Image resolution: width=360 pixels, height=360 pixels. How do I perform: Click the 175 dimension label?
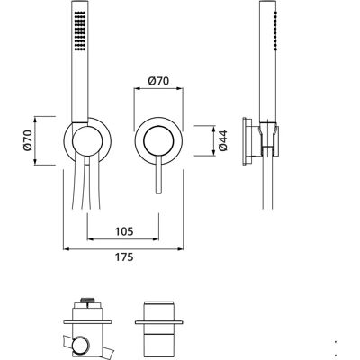[124, 257]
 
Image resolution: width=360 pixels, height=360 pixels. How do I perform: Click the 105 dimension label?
[124, 231]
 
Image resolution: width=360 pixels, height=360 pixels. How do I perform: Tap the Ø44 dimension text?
[223, 140]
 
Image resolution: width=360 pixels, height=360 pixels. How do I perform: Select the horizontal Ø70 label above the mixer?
[158, 81]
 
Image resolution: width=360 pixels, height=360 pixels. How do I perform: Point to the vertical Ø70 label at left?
[28, 140]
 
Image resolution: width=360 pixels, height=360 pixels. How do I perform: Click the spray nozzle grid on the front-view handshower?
[80, 31]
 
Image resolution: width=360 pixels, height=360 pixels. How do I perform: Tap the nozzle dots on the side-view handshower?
[274, 31]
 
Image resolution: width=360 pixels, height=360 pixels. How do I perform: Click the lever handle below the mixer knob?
[158, 175]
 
